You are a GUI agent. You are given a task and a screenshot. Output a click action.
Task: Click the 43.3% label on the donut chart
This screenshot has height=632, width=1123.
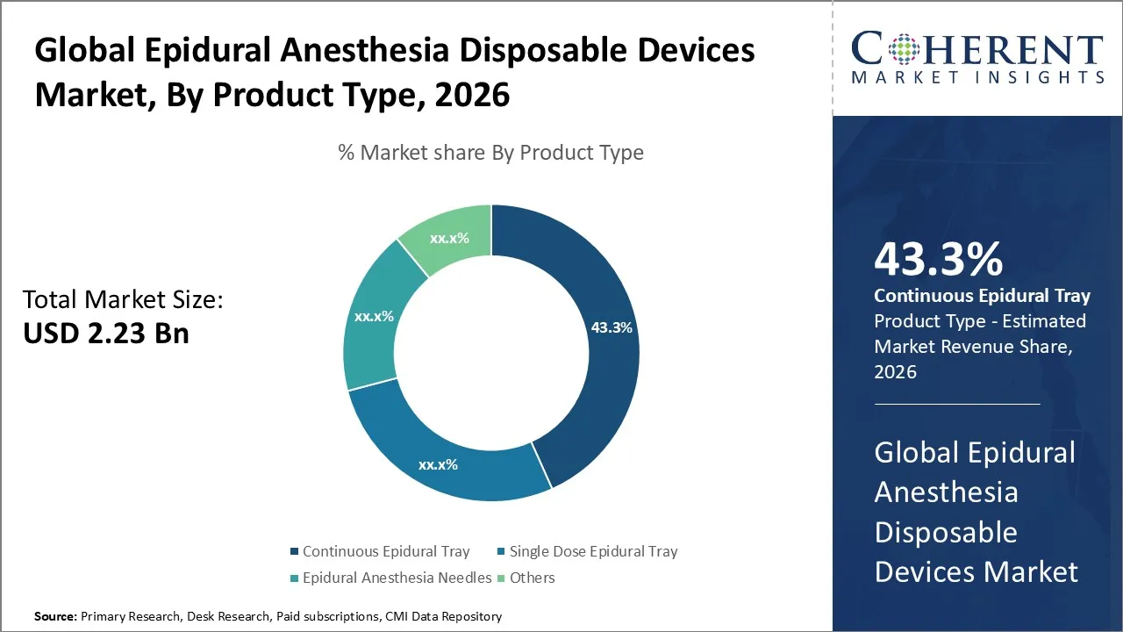click(612, 327)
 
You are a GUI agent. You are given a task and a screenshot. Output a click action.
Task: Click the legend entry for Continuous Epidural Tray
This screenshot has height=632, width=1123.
click(386, 551)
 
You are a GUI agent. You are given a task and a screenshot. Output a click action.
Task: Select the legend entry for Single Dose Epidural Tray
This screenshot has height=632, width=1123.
click(593, 551)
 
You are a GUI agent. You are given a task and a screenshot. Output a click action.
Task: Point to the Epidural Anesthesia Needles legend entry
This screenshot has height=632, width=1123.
click(397, 578)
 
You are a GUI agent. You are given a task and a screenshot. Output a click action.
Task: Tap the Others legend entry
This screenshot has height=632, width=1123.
click(532, 578)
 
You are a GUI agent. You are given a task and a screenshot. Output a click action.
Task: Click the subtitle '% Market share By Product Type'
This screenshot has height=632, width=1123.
click(490, 153)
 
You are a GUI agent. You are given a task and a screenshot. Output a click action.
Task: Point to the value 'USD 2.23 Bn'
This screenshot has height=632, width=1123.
click(105, 334)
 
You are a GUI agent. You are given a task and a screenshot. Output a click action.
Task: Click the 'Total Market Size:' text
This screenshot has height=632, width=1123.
click(123, 300)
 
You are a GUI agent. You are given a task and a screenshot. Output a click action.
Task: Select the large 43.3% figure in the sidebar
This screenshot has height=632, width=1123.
click(938, 260)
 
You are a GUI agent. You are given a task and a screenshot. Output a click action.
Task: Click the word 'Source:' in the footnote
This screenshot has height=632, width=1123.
click(55, 616)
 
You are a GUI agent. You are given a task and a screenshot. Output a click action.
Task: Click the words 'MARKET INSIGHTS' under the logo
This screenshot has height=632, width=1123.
click(976, 77)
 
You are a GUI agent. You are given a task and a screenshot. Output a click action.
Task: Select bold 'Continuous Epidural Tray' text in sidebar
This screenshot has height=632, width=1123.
click(982, 296)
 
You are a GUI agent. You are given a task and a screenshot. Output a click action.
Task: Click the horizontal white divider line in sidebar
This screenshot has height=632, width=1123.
click(956, 404)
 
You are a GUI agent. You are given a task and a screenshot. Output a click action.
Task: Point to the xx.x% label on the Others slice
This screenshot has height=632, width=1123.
click(449, 238)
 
